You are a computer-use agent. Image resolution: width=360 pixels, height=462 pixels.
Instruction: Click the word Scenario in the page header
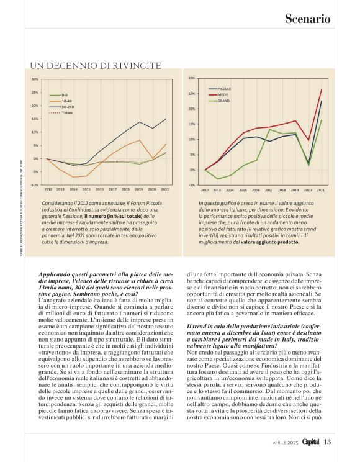[x=307, y=19]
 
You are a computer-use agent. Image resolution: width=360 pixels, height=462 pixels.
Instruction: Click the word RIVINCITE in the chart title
[x=137, y=65]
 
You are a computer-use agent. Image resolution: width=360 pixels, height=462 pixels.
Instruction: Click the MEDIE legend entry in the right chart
[x=224, y=94]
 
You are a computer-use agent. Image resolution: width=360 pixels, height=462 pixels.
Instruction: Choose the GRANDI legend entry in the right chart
[x=225, y=100]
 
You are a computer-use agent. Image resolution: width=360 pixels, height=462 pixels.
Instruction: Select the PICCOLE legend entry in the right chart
[x=225, y=89]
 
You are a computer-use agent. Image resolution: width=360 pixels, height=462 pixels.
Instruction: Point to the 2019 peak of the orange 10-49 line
[x=139, y=140]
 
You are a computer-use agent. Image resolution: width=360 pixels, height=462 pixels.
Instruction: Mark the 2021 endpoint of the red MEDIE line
[x=322, y=90]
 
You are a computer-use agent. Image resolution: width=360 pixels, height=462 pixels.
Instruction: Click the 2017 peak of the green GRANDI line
[x=269, y=129]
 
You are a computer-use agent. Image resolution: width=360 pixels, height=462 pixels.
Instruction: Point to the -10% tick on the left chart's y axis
[x=35, y=185]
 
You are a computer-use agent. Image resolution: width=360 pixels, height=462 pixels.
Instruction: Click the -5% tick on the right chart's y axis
[x=192, y=185]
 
